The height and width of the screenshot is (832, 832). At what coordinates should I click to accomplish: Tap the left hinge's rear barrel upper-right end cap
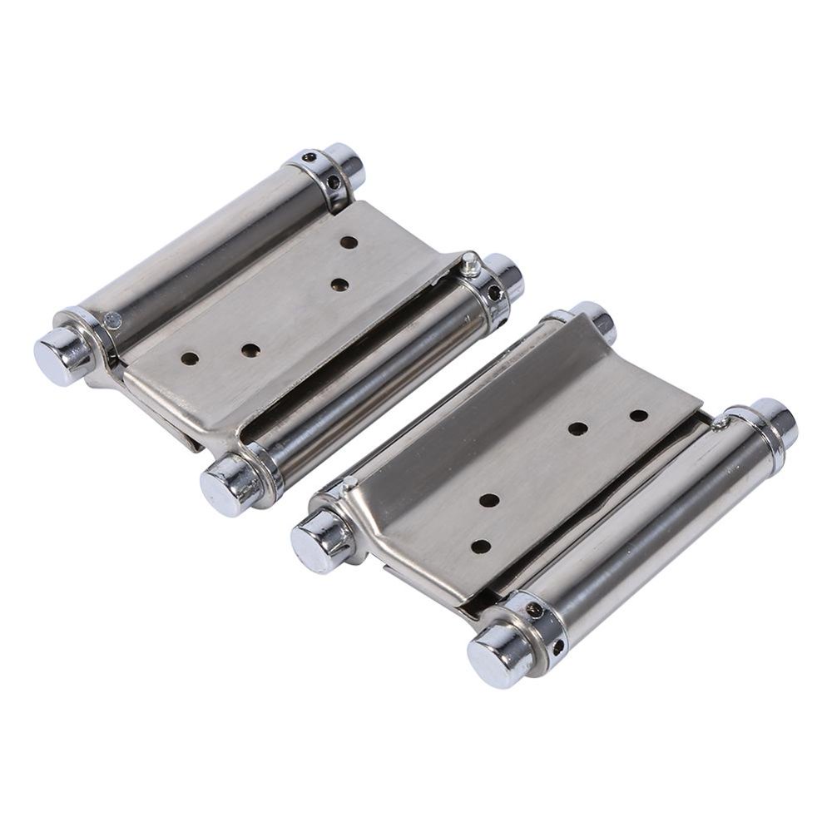click(x=346, y=165)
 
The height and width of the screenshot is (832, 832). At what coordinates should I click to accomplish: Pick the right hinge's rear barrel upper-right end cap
click(x=596, y=321)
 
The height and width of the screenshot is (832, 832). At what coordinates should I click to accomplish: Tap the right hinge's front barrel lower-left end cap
click(x=494, y=656)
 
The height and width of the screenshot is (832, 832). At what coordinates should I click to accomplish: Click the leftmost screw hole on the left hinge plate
click(x=191, y=359)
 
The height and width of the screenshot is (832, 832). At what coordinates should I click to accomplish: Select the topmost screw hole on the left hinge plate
click(x=349, y=243)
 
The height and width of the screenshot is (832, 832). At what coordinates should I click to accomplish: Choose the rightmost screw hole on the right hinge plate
click(x=638, y=414)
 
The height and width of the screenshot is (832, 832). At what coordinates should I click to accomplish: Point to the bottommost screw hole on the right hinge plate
click(x=481, y=546)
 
